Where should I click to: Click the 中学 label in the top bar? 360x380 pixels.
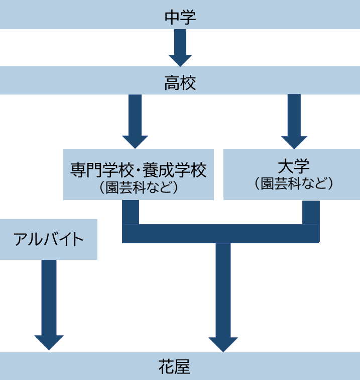(180, 17)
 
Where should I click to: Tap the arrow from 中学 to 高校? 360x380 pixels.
(180, 47)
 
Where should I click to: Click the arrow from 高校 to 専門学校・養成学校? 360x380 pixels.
(135, 121)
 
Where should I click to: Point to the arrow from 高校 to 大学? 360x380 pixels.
(294, 121)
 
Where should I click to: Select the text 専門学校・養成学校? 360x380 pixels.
(139, 170)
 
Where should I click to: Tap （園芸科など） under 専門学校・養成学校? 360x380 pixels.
(139, 187)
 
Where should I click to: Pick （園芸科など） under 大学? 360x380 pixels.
(293, 183)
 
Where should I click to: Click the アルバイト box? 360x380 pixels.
(48, 239)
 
